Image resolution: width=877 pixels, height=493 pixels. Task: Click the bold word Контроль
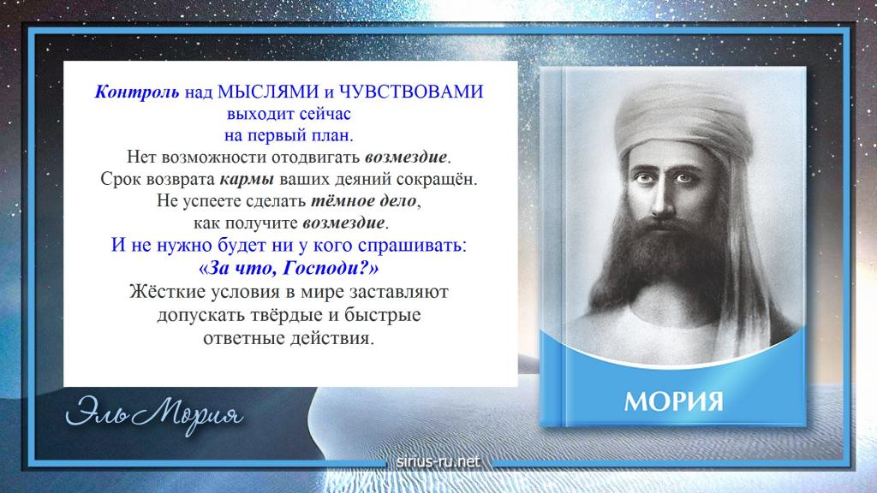tap(137, 92)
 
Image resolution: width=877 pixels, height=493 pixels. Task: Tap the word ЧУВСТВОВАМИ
tap(411, 92)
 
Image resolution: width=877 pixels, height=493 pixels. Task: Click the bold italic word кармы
tap(247, 180)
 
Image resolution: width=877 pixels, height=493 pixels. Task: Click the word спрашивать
tap(412, 246)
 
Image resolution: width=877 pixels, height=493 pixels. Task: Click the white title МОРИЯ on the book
tap(673, 402)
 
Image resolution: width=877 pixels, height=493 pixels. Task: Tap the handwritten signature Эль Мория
tap(154, 414)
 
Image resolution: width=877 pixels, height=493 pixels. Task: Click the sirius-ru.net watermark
tap(438, 461)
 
